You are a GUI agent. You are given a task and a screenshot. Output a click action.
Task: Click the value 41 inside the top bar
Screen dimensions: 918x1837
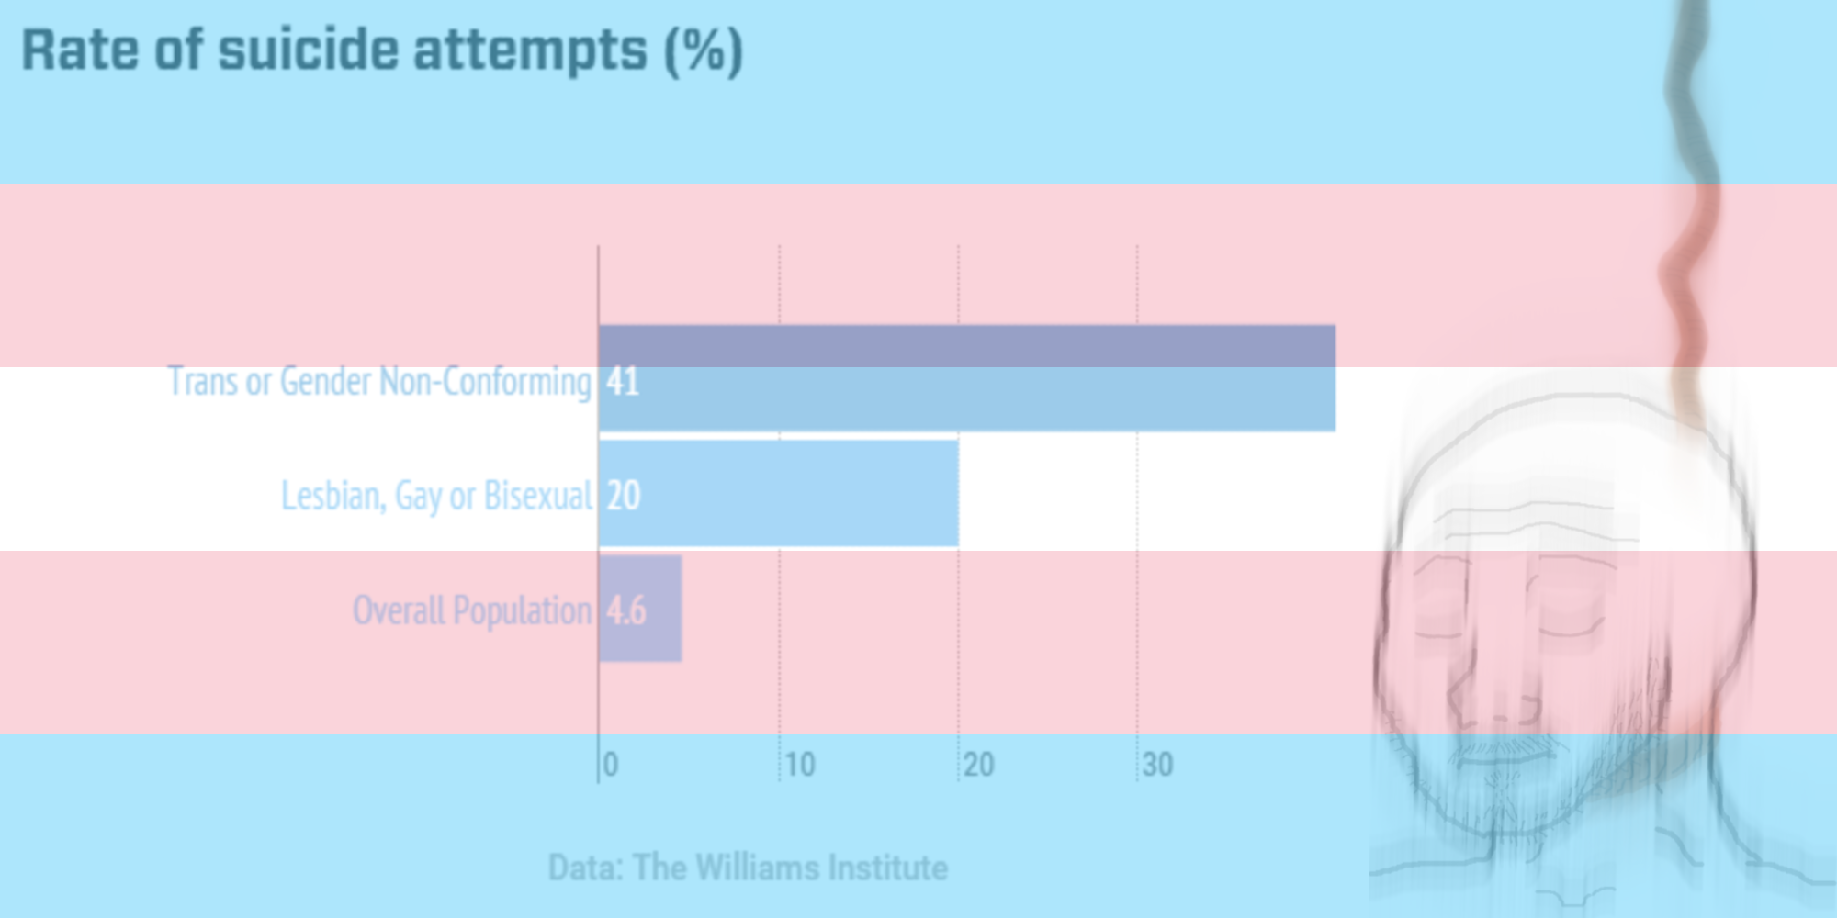pos(623,381)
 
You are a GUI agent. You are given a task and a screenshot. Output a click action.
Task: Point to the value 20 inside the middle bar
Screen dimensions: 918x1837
pos(624,496)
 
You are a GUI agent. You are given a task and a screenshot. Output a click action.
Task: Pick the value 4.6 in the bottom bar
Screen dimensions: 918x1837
pos(626,610)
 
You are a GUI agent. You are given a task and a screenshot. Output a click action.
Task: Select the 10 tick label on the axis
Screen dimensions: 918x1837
pos(800,765)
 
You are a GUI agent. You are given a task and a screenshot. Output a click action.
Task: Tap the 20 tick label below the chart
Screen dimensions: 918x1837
pos(979,765)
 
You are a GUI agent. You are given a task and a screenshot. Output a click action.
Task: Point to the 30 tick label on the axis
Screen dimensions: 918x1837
pos(1158,765)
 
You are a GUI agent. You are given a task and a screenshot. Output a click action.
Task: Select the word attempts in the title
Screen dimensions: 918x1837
pos(530,51)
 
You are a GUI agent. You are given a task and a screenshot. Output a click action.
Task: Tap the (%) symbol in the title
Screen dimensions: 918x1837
pos(704,51)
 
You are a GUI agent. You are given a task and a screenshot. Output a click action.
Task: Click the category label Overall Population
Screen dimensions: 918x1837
pos(472,610)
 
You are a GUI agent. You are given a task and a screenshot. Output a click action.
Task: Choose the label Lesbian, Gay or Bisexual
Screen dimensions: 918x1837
pos(436,496)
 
